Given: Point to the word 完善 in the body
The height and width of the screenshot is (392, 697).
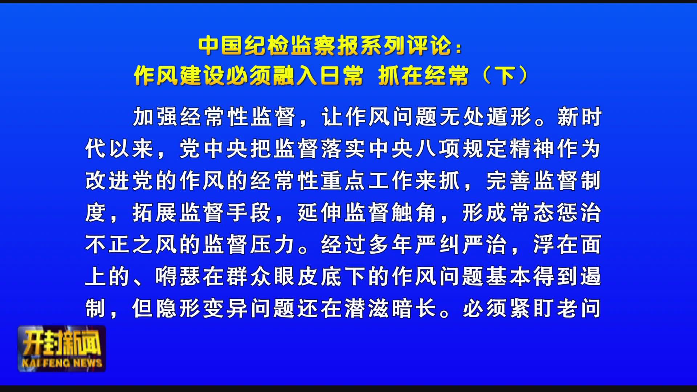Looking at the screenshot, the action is point(509,181).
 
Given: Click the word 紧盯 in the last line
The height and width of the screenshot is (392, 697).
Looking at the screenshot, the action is point(533,309).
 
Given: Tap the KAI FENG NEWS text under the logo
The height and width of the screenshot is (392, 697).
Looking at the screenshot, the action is point(62,363).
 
